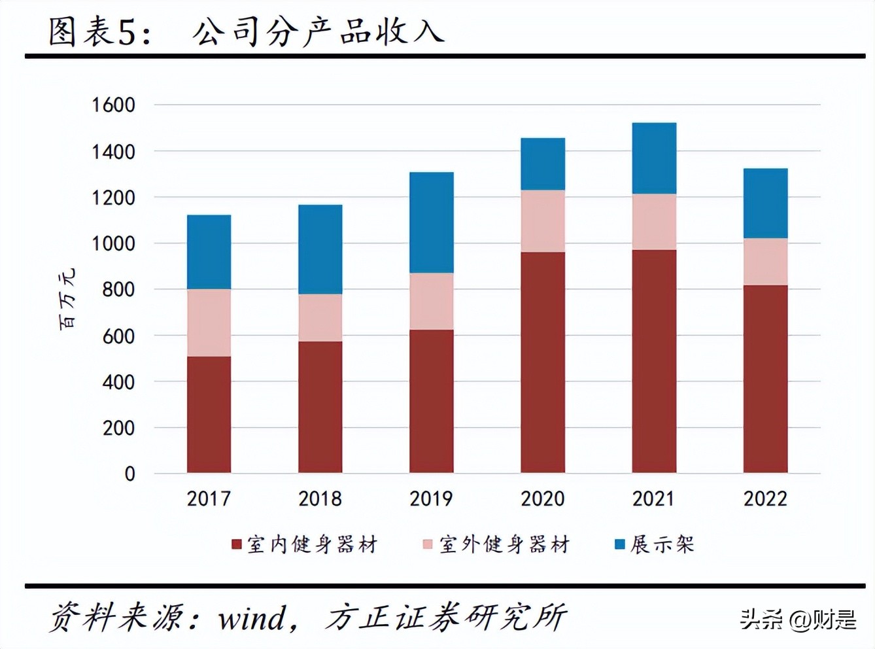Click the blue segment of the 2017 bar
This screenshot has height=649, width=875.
tap(209, 252)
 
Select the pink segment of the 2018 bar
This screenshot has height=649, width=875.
tap(320, 317)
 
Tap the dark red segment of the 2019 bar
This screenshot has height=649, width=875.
tap(431, 401)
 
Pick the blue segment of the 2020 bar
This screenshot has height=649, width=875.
tap(542, 164)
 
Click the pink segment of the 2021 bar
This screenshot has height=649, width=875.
tap(654, 221)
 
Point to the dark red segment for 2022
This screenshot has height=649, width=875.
tap(765, 379)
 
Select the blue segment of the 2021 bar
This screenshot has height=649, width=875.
tap(654, 158)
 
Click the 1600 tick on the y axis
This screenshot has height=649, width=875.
tap(113, 105)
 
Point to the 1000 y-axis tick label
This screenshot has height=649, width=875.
tap(113, 243)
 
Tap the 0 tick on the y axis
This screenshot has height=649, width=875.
tap(129, 474)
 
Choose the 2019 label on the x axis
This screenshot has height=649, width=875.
tap(431, 499)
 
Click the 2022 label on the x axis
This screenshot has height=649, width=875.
tap(765, 499)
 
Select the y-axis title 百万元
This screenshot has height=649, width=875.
tap(67, 298)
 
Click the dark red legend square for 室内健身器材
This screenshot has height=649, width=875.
tap(237, 544)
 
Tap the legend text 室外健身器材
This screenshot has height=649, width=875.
tap(504, 544)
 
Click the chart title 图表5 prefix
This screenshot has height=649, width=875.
tap(98, 31)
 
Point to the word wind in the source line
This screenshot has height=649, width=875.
tap(252, 618)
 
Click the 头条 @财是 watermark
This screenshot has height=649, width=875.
tap(797, 618)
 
